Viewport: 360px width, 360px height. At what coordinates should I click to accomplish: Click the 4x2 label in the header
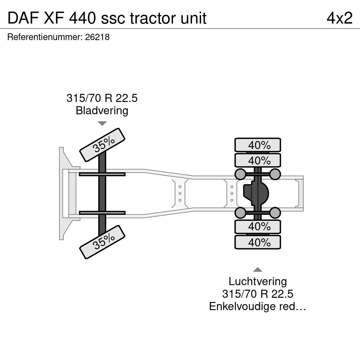coord(340,18)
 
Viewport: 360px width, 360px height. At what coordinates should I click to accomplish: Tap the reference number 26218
coord(97,37)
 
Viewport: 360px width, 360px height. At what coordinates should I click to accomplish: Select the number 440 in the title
coord(82,18)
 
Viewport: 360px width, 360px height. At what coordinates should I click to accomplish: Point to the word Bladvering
coord(102,110)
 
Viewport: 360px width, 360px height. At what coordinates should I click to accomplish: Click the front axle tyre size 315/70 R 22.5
coord(102,98)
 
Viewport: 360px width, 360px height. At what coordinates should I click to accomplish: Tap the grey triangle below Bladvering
coord(102,123)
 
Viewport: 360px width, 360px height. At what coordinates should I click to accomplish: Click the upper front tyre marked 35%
coord(102,145)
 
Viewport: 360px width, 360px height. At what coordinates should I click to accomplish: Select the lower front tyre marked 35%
coord(102,242)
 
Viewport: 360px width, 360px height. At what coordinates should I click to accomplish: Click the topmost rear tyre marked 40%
coord(258,145)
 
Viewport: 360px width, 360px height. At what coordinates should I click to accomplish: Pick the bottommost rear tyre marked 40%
coord(258,242)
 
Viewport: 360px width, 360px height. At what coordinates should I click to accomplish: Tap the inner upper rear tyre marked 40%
coord(258,160)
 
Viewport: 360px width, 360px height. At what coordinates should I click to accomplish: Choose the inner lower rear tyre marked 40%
coord(258,227)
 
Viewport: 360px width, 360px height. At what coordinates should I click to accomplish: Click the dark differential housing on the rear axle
coord(256,193)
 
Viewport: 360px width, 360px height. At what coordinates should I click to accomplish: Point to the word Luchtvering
coord(258,282)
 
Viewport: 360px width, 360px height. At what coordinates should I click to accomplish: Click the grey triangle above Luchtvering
coord(258,270)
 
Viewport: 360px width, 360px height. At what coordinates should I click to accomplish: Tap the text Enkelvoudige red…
coord(258,306)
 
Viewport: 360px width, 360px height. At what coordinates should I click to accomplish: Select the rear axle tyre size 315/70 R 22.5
coord(258,294)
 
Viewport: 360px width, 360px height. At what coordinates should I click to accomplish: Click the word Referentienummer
coord(45,37)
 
